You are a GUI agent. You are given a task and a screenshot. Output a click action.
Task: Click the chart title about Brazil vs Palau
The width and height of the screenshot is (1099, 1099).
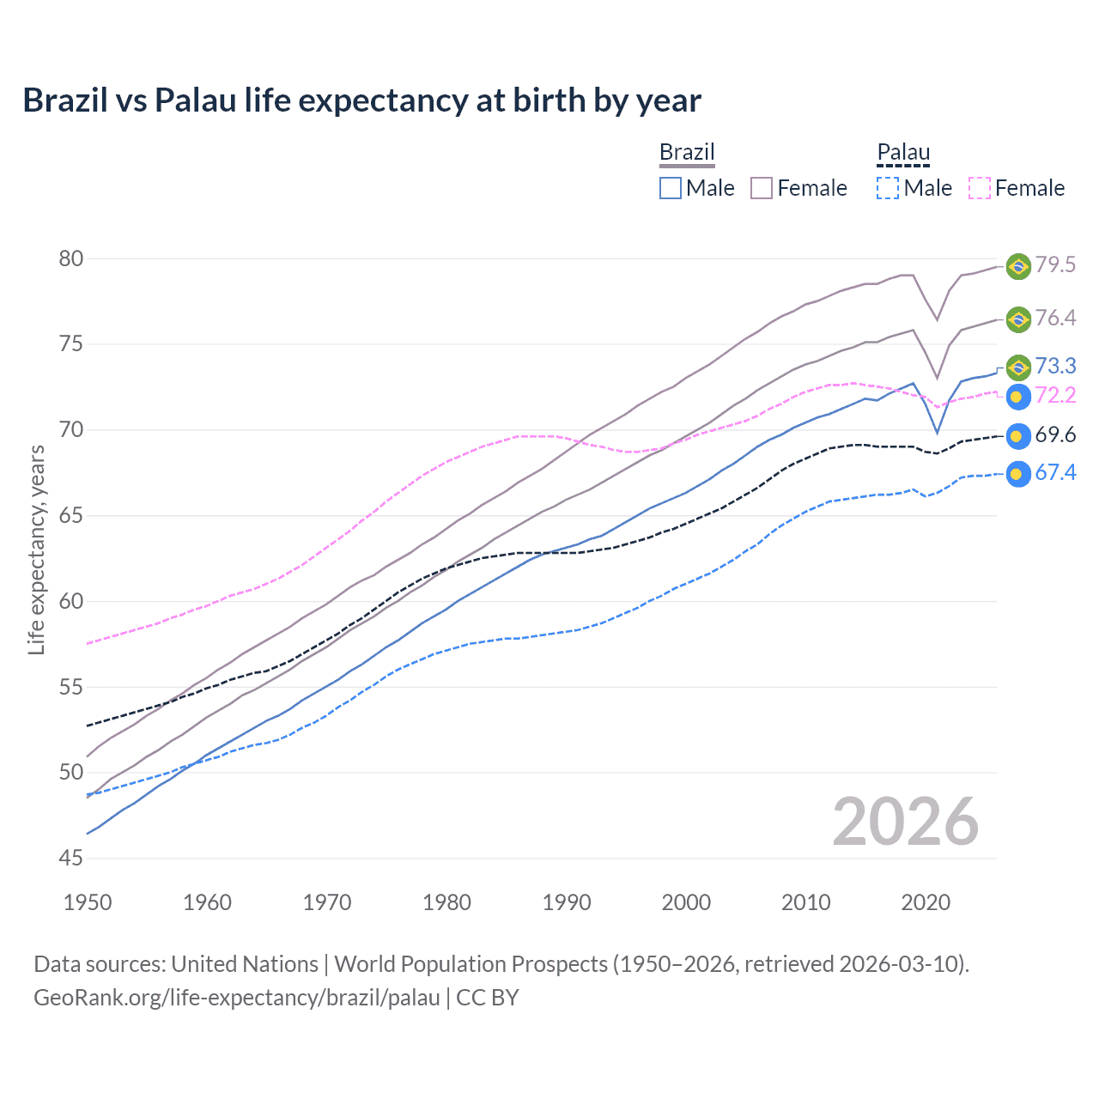pos(361,100)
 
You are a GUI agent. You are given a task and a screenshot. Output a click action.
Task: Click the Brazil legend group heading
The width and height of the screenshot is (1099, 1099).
pos(687,152)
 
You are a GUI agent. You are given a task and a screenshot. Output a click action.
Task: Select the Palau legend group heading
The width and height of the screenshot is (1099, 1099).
pos(903,152)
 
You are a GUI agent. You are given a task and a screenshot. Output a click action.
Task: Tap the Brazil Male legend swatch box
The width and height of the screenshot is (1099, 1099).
pos(671,188)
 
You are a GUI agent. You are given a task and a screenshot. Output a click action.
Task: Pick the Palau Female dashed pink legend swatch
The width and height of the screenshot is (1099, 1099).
pos(980,188)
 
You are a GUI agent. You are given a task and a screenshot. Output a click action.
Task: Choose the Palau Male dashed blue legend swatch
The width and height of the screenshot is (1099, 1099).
pos(888,188)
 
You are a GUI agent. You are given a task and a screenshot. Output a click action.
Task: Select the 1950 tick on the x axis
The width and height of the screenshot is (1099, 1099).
pos(88,902)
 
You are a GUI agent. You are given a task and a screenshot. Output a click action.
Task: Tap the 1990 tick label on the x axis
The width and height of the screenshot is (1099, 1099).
pos(567,902)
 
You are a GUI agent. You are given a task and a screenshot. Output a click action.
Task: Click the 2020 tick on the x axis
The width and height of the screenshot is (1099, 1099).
pos(926,902)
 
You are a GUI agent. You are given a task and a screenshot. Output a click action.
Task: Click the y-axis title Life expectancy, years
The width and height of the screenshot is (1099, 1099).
pos(36,549)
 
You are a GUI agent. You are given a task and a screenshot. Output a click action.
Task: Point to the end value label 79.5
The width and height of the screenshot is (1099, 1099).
pos(1055,264)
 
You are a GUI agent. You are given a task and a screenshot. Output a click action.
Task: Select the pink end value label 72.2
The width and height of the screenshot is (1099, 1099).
pos(1055,395)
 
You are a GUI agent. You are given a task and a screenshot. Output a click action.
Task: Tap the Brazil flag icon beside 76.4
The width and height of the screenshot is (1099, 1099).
pos(1018,319)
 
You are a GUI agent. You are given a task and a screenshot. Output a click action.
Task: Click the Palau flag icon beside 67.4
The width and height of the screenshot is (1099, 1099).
pos(1018,474)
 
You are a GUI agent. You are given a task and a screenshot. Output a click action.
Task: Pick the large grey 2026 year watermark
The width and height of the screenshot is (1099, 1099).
pos(905,822)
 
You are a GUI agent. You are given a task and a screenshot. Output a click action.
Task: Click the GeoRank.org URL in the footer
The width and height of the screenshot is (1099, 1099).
pos(237,998)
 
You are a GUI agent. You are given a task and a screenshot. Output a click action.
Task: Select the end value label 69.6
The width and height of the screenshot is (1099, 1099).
pos(1055,434)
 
